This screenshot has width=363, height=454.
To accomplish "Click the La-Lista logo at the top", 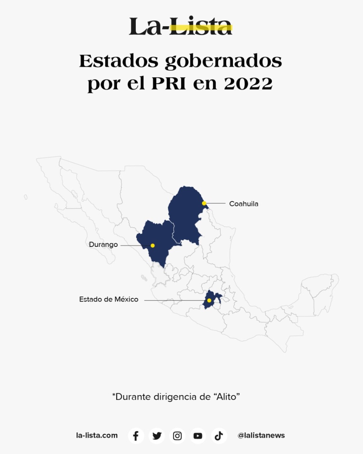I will click(181, 26).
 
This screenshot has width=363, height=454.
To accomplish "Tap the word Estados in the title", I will click(119, 61).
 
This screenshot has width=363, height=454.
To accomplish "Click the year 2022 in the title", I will click(248, 84).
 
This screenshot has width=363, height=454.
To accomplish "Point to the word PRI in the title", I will click(169, 84).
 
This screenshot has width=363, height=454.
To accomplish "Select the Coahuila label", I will click(244, 204).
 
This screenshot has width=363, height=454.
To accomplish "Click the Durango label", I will click(103, 245).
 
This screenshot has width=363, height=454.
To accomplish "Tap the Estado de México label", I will click(109, 299).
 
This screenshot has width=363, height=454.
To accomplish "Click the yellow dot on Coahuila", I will click(204, 203).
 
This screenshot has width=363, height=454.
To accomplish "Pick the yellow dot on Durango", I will click(153, 245).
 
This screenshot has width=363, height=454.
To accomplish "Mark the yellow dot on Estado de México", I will click(209, 300).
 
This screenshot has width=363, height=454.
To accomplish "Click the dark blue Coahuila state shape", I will click(184, 214).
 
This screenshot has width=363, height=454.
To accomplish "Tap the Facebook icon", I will click(136, 436).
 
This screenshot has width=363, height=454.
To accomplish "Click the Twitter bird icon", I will click(157, 436).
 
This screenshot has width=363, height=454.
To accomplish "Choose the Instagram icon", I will click(177, 436).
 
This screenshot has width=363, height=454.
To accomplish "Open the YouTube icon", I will click(198, 436).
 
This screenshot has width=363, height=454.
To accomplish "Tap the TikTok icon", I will click(219, 436).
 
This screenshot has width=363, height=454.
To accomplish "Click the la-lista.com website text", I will click(97, 435).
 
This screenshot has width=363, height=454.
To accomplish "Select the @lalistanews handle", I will click(261, 435).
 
